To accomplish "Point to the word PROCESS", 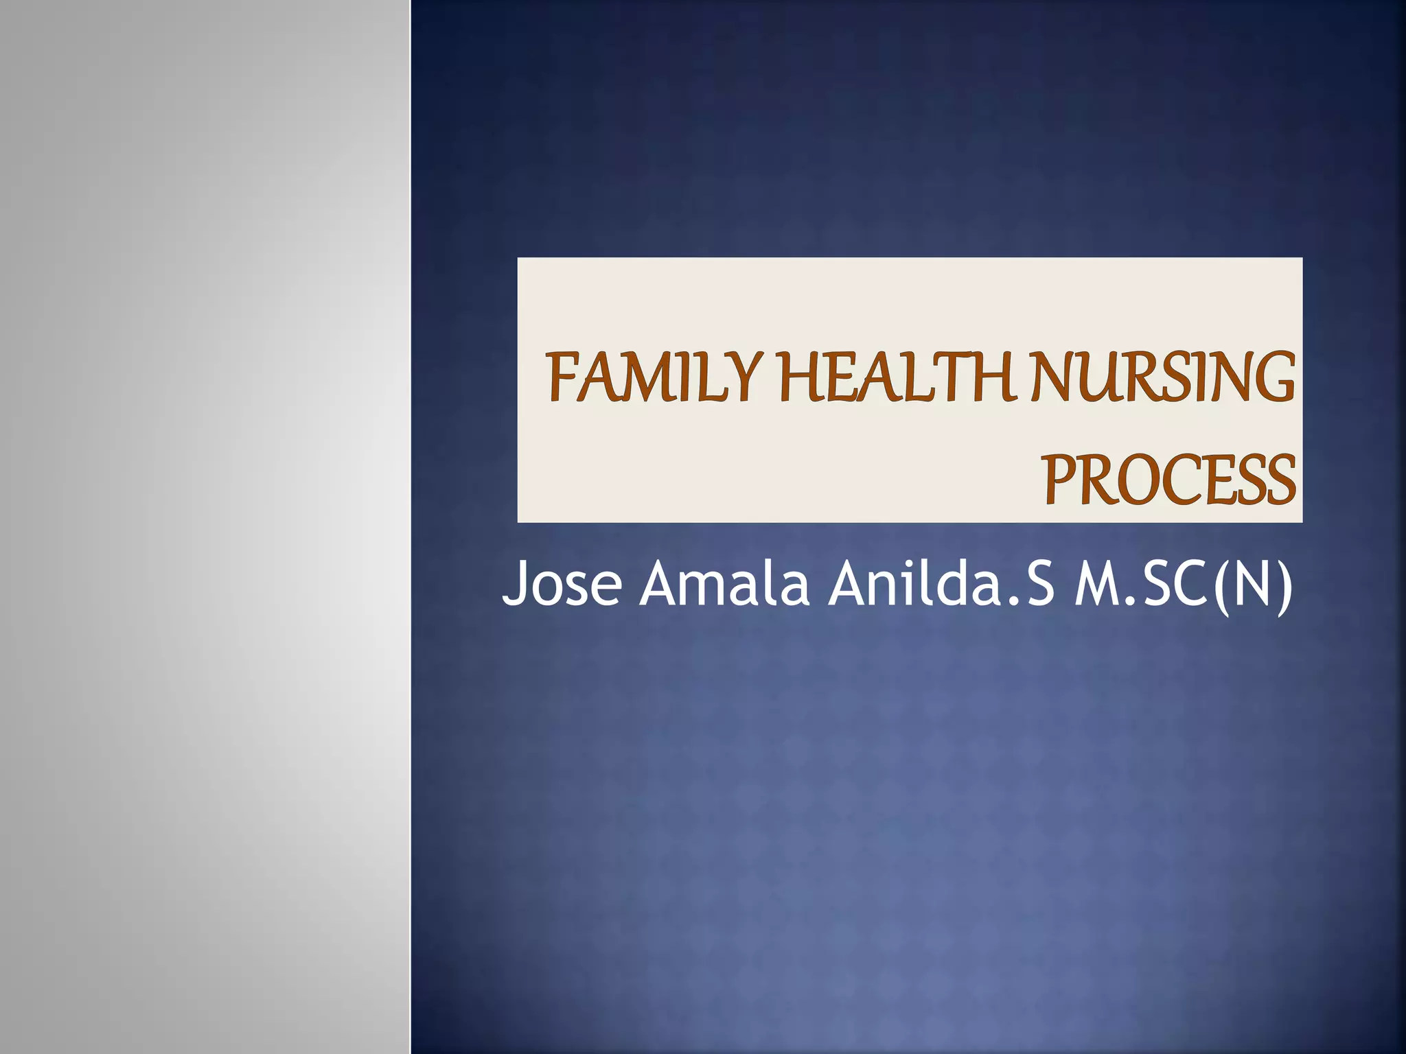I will pyautogui.click(x=1169, y=480).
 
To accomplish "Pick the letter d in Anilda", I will pyautogui.click(x=956, y=583).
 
